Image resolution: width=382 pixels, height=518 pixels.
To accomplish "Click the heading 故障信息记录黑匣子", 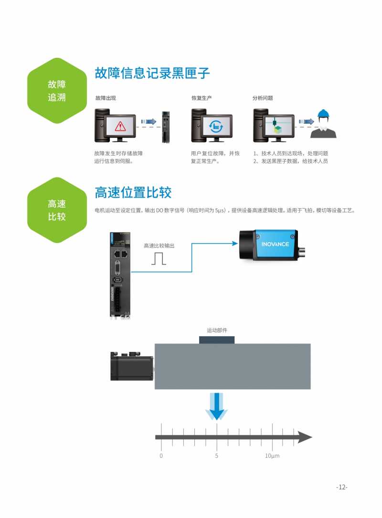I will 152,74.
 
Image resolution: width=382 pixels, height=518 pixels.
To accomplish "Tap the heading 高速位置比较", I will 133,192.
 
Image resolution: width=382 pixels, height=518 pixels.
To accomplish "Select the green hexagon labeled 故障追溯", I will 57,91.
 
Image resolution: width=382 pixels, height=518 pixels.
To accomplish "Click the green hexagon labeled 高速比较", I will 57,210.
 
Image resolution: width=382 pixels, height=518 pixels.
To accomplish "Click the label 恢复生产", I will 202,98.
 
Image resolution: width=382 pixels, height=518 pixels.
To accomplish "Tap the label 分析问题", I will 263,98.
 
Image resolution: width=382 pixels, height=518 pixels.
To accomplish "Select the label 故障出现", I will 106,98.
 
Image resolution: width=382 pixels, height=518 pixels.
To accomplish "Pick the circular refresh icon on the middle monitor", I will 215,126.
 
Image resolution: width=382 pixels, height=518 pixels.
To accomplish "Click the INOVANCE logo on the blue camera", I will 275,244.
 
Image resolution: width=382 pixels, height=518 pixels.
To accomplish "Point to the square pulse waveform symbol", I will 159,258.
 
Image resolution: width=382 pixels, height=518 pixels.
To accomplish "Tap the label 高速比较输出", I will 159,246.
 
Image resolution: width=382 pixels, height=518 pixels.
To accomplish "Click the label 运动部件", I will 217,330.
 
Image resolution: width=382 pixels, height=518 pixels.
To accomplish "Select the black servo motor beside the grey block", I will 132,367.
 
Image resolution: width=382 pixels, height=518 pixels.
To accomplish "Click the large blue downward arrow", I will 217,406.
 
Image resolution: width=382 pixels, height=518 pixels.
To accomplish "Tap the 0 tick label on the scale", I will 161,456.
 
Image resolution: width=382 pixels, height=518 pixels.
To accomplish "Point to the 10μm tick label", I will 272,456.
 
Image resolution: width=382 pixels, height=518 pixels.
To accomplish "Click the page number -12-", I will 341,487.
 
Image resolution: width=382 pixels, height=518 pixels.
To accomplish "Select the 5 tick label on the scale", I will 217,456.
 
